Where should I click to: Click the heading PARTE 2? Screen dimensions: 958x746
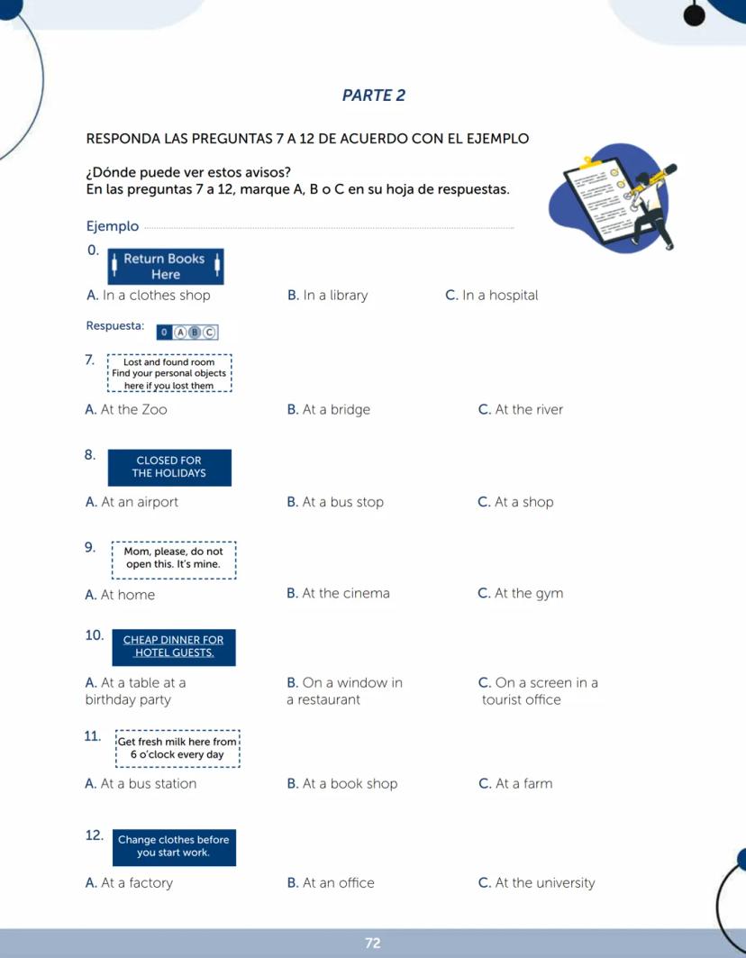(374, 96)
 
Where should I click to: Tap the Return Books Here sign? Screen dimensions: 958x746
(165, 267)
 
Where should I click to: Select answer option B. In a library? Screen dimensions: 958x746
(327, 296)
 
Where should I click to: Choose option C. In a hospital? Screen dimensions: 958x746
(491, 296)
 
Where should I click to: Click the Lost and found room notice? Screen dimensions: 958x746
(169, 374)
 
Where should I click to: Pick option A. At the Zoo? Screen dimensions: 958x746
(126, 410)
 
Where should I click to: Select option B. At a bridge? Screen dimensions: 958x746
(328, 410)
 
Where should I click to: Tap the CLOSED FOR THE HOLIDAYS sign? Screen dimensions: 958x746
(169, 467)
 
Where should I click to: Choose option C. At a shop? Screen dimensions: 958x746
(515, 502)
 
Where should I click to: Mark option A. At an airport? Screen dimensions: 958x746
(132, 502)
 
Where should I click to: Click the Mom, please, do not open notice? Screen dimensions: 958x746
(174, 558)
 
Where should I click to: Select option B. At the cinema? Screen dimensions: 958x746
(338, 593)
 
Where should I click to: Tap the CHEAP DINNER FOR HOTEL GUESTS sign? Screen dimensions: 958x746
(173, 647)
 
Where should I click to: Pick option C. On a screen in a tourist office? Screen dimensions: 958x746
(538, 691)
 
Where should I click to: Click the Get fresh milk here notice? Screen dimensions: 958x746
(177, 748)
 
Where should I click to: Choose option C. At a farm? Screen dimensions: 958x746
(515, 784)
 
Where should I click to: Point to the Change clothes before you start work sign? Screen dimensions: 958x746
(173, 846)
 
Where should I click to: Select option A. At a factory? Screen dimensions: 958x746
(129, 883)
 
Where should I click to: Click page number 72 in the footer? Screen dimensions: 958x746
(373, 943)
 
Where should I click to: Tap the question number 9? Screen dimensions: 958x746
(90, 547)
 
